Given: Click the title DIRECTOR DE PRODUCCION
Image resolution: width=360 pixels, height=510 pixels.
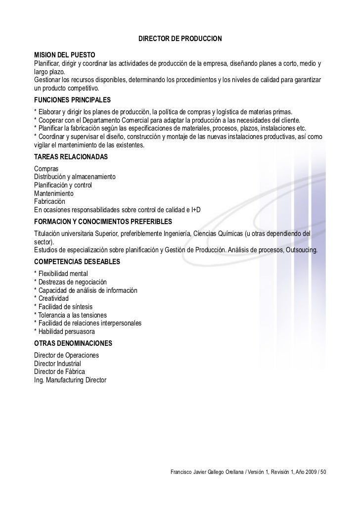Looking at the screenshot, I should click(x=180, y=38).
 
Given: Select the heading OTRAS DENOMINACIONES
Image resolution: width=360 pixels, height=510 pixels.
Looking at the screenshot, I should click(x=73, y=343).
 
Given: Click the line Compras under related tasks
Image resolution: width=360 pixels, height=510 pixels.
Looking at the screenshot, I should click(x=45, y=169).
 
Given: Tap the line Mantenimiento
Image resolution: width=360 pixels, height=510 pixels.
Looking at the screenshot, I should click(x=53, y=193).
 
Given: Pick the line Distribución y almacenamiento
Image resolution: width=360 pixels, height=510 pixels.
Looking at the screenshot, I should click(x=74, y=177).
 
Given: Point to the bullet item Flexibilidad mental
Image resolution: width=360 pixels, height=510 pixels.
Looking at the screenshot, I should click(x=63, y=274).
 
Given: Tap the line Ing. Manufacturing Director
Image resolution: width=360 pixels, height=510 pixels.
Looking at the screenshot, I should click(x=70, y=380).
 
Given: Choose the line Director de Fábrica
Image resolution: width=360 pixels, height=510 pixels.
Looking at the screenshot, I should click(x=59, y=371).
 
